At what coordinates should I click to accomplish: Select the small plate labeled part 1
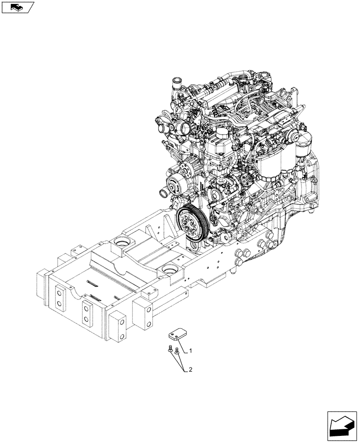click(x=177, y=337)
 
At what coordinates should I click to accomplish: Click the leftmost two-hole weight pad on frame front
click(x=58, y=296)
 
